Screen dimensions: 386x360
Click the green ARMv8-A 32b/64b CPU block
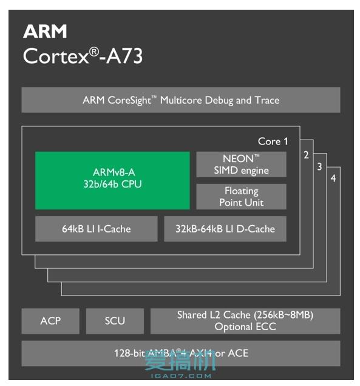point(112,180)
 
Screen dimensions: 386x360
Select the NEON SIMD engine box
point(241,164)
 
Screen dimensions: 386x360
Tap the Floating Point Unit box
point(241,197)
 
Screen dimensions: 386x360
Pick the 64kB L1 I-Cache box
point(96,229)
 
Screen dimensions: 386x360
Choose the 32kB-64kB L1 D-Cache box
point(225,229)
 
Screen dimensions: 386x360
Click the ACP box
point(50,320)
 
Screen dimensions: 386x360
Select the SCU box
point(115,320)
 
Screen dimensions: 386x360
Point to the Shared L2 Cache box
point(245,320)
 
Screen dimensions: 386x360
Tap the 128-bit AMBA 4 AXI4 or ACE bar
point(181,353)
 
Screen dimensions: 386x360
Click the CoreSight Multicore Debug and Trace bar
point(181,100)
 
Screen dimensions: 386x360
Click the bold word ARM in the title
point(45,32)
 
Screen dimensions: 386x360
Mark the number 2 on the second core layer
point(307,155)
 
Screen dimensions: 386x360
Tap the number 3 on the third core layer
point(319,167)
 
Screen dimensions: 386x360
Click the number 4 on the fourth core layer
point(333,179)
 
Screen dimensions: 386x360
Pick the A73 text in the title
point(125,56)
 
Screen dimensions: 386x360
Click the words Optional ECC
point(245,327)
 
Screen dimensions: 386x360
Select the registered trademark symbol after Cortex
point(94,52)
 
